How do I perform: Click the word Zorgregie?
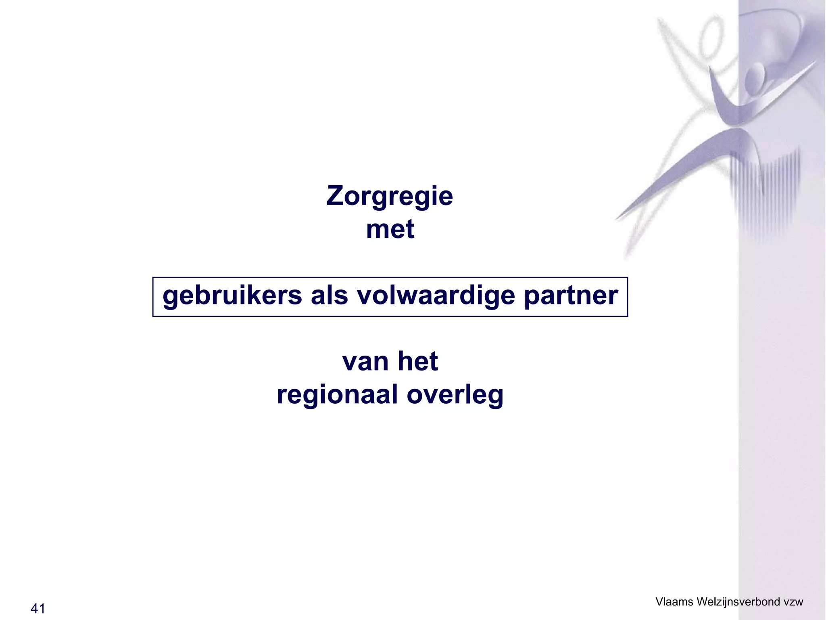pos(390,197)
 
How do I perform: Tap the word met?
pos(390,229)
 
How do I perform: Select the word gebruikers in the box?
pos(232,296)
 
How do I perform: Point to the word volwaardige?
pos(436,296)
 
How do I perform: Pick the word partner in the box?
pos(571,296)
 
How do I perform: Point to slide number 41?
pos(38,608)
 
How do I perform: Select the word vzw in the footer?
pos(793,601)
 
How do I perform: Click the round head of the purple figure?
pos(754,77)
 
